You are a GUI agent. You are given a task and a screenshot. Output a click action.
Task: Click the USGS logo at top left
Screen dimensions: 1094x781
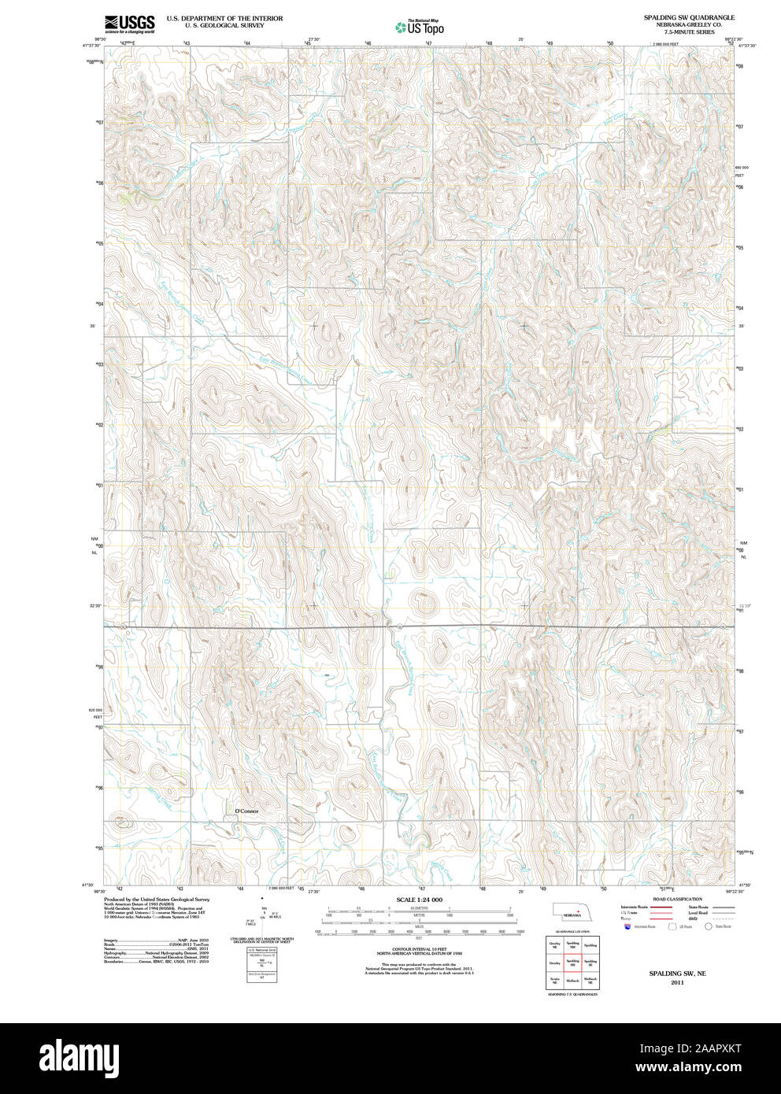pyautogui.click(x=130, y=24)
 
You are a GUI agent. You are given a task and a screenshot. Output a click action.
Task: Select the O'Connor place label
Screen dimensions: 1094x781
pyautogui.click(x=246, y=811)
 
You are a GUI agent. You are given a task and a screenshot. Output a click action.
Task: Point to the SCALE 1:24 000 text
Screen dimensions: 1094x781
pyautogui.click(x=420, y=900)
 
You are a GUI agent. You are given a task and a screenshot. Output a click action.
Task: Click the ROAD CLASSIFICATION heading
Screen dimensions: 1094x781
pyautogui.click(x=677, y=899)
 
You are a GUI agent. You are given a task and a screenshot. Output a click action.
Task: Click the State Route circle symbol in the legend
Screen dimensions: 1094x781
pyautogui.click(x=708, y=927)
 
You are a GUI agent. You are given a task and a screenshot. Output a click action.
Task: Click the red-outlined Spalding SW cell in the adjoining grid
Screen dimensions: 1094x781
pyautogui.click(x=572, y=963)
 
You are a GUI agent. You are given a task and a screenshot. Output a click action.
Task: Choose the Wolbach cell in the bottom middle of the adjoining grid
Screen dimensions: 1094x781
pyautogui.click(x=572, y=981)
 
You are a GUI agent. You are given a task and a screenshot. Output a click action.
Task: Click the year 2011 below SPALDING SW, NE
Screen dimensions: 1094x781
pyautogui.click(x=677, y=983)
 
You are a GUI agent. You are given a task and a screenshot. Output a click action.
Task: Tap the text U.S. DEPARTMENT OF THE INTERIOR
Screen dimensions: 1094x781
pyautogui.click(x=224, y=18)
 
